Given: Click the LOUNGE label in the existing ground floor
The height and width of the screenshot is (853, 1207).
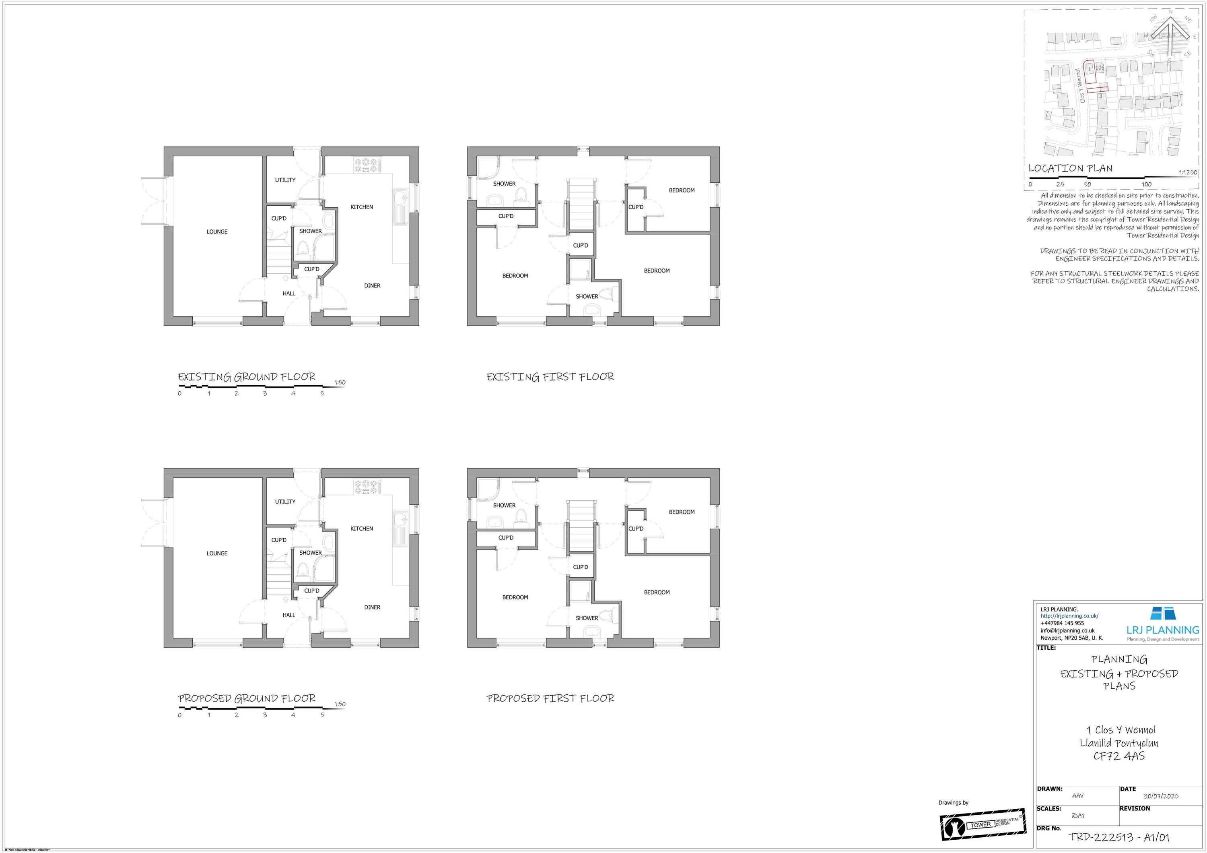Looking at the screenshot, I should click(216, 231).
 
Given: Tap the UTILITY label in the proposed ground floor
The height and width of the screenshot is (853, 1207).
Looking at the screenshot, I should click(285, 502).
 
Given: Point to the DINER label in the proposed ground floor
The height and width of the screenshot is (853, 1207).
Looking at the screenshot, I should click(372, 607).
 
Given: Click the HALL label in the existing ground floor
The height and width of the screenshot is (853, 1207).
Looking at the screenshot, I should click(288, 293).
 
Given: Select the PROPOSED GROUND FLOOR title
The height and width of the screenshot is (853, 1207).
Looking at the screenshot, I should click(247, 699).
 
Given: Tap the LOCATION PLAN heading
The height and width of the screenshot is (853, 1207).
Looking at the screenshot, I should click(1070, 169).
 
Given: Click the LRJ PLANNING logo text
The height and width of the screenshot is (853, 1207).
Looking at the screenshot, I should click(1162, 630).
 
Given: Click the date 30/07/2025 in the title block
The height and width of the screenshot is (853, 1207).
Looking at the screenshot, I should click(1160, 796).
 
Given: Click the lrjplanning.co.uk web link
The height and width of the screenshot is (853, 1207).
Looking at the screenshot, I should click(1069, 616).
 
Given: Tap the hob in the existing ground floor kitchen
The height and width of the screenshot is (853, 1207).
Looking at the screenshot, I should click(366, 165).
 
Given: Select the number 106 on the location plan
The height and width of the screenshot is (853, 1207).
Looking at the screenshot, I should click(1100, 68).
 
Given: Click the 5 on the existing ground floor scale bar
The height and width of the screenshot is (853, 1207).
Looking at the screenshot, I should click(322, 393).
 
